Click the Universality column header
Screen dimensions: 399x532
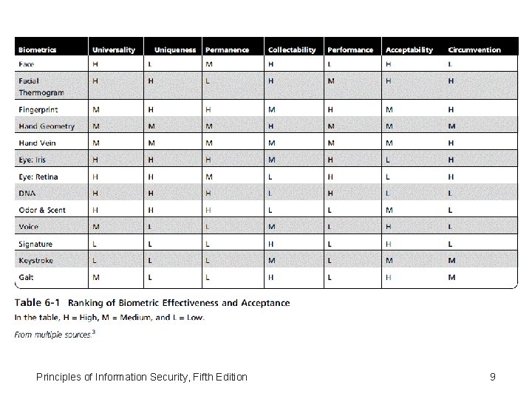click(x=114, y=50)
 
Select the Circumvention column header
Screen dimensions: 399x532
click(x=474, y=50)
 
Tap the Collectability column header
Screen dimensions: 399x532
click(x=292, y=50)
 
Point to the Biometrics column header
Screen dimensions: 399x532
click(x=38, y=50)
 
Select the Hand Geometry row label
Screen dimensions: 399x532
click(x=47, y=126)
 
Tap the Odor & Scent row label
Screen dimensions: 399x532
click(x=42, y=210)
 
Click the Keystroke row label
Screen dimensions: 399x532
click(x=36, y=260)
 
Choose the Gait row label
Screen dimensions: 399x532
click(x=27, y=277)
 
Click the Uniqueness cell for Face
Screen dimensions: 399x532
click(x=151, y=64)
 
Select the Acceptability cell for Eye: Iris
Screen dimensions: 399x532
click(x=389, y=160)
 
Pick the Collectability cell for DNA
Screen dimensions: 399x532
click(x=270, y=193)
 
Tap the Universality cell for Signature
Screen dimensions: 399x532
click(x=95, y=244)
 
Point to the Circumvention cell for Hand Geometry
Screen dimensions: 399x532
click(x=451, y=126)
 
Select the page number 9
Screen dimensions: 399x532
click(x=492, y=377)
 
